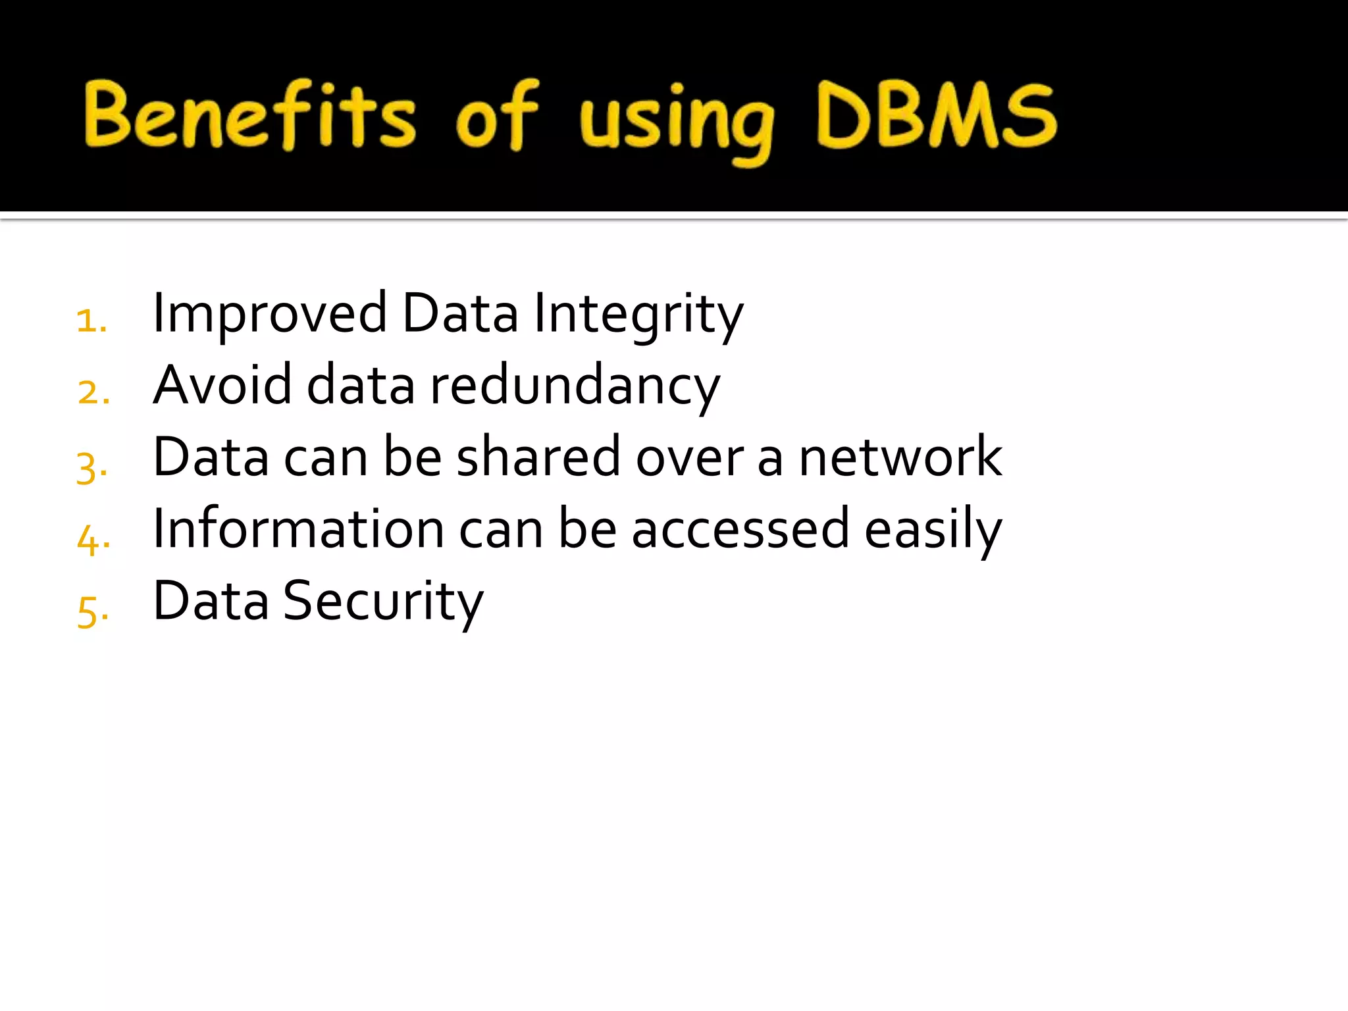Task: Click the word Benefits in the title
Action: [x=250, y=116]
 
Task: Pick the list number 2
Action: [x=91, y=393]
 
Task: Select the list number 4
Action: [x=91, y=540]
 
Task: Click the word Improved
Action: [x=269, y=315]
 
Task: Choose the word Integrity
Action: [x=638, y=315]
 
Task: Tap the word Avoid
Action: [x=222, y=385]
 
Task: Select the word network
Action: [x=900, y=457]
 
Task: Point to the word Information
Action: [x=298, y=529]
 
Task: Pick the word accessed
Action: [x=740, y=530]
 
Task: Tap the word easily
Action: [x=933, y=530]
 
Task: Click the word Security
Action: [x=383, y=602]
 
